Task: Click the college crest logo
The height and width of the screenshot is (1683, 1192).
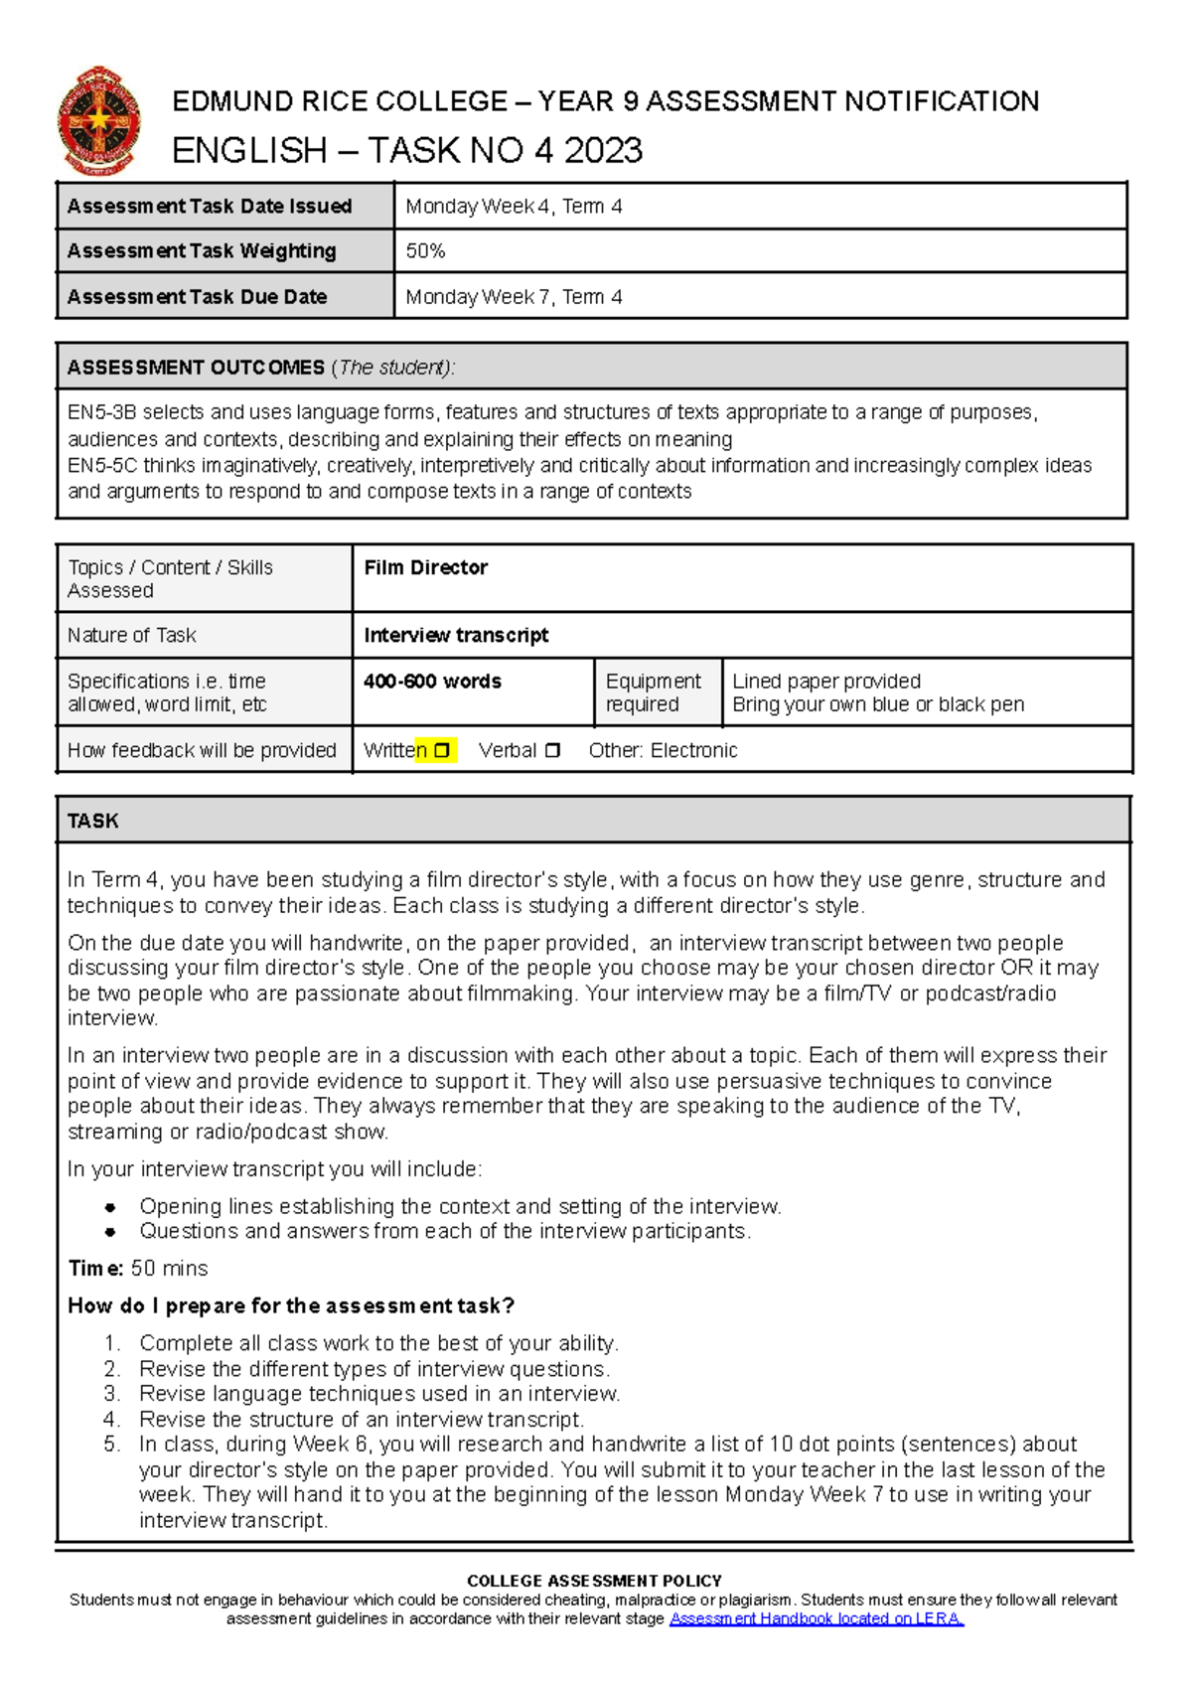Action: (x=98, y=121)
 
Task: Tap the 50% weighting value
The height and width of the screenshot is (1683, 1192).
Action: (x=425, y=251)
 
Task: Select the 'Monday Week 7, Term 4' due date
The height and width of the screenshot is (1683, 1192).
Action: (x=514, y=297)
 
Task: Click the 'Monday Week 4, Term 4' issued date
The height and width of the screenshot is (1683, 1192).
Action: (x=514, y=207)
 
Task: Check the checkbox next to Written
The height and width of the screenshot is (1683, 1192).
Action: (x=442, y=751)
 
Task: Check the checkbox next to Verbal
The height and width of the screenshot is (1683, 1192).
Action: (x=552, y=751)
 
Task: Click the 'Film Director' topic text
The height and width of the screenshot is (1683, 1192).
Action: (x=425, y=567)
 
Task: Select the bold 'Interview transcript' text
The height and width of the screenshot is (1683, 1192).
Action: (x=456, y=635)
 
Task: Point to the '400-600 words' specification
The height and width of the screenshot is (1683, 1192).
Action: (x=432, y=682)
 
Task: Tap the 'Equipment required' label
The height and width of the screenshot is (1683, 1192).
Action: (x=653, y=692)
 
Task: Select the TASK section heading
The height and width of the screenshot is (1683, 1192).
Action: (x=92, y=821)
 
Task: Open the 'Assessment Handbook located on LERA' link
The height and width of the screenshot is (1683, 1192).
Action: (x=817, y=1618)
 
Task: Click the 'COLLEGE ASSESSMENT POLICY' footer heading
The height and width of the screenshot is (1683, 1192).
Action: (x=594, y=1581)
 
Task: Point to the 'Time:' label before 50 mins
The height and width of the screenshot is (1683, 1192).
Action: (x=95, y=1269)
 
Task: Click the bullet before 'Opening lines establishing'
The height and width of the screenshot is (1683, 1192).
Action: (x=110, y=1207)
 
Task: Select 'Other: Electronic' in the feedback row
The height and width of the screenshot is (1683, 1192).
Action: (x=663, y=751)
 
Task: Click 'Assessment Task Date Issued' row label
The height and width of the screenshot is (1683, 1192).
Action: (x=210, y=207)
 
